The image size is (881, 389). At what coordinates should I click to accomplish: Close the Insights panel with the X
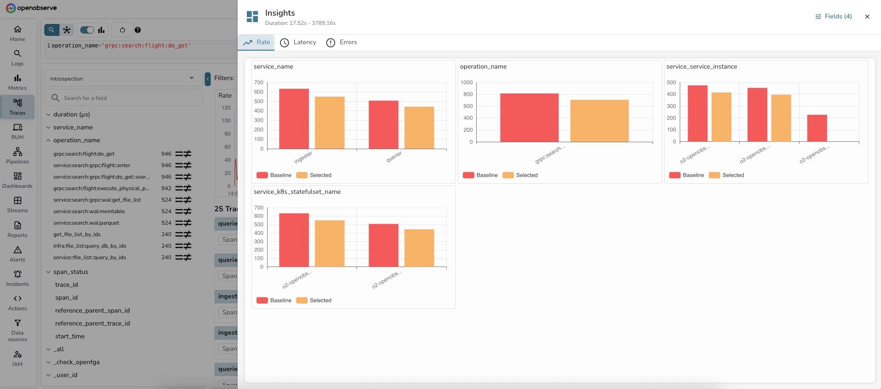coord(867,17)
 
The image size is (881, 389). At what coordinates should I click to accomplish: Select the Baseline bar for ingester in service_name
coord(294,119)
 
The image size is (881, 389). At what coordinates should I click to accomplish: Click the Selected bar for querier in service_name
coord(419,128)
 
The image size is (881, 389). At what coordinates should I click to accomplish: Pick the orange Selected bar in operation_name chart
coord(599,121)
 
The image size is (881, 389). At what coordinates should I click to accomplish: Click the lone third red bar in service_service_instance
coord(817,128)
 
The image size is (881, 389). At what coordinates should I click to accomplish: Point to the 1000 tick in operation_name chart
coord(467,82)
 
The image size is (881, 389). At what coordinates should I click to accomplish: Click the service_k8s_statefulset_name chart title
coord(297,192)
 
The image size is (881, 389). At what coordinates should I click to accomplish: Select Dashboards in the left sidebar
coord(18,180)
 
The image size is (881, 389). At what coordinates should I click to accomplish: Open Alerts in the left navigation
coord(18,254)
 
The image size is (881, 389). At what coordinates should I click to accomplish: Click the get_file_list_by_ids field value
coord(77,234)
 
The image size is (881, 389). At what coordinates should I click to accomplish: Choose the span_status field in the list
coord(70,272)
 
